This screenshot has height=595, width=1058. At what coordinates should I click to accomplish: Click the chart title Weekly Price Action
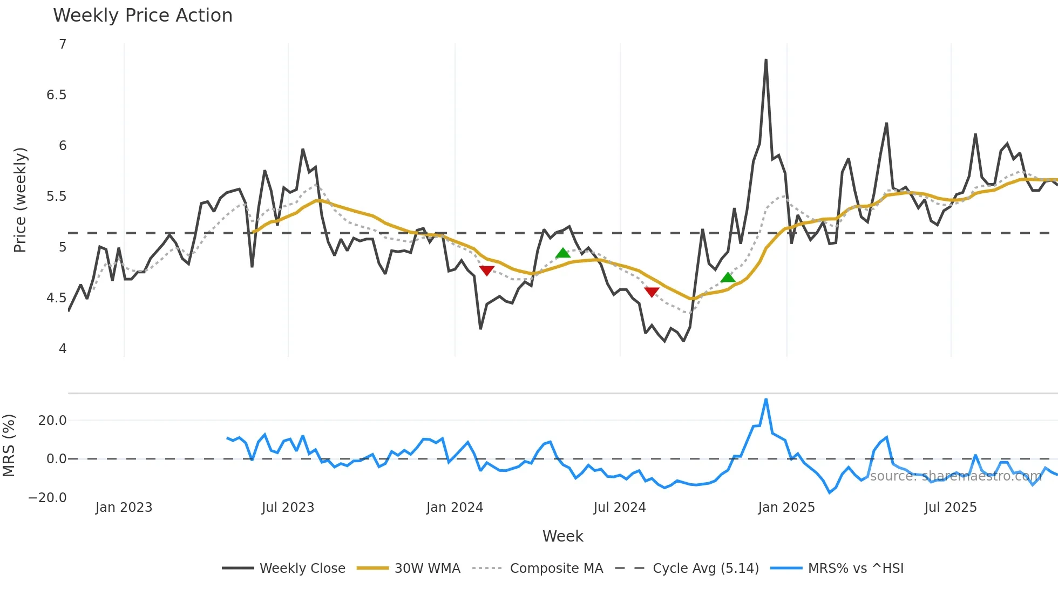point(143,15)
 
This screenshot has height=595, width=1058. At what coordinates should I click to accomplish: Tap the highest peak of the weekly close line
point(766,60)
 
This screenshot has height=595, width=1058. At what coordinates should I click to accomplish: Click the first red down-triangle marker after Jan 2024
point(486,271)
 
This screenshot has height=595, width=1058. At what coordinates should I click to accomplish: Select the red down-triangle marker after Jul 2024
point(652,292)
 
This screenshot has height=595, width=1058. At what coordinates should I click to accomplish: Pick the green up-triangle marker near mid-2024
point(562,253)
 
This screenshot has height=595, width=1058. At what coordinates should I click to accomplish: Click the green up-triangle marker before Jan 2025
point(728,278)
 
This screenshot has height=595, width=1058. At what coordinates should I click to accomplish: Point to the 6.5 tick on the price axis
point(56,95)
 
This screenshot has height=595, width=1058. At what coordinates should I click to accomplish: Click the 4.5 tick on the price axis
point(56,298)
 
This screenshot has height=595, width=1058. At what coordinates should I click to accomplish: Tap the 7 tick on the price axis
point(63,44)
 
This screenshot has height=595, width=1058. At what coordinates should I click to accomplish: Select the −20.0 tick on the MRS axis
point(48,497)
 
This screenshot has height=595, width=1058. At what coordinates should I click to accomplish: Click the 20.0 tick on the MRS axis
point(52,420)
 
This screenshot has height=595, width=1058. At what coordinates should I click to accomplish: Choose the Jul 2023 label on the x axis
point(288,508)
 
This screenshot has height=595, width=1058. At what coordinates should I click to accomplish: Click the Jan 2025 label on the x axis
point(786,508)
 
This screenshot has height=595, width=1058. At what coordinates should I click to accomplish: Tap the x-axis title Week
point(562,536)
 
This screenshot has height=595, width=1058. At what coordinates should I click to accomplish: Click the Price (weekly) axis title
point(20,200)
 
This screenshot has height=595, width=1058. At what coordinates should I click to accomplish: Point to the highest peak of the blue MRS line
point(766,400)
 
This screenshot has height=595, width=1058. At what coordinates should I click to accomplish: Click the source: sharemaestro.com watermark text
point(955,476)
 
